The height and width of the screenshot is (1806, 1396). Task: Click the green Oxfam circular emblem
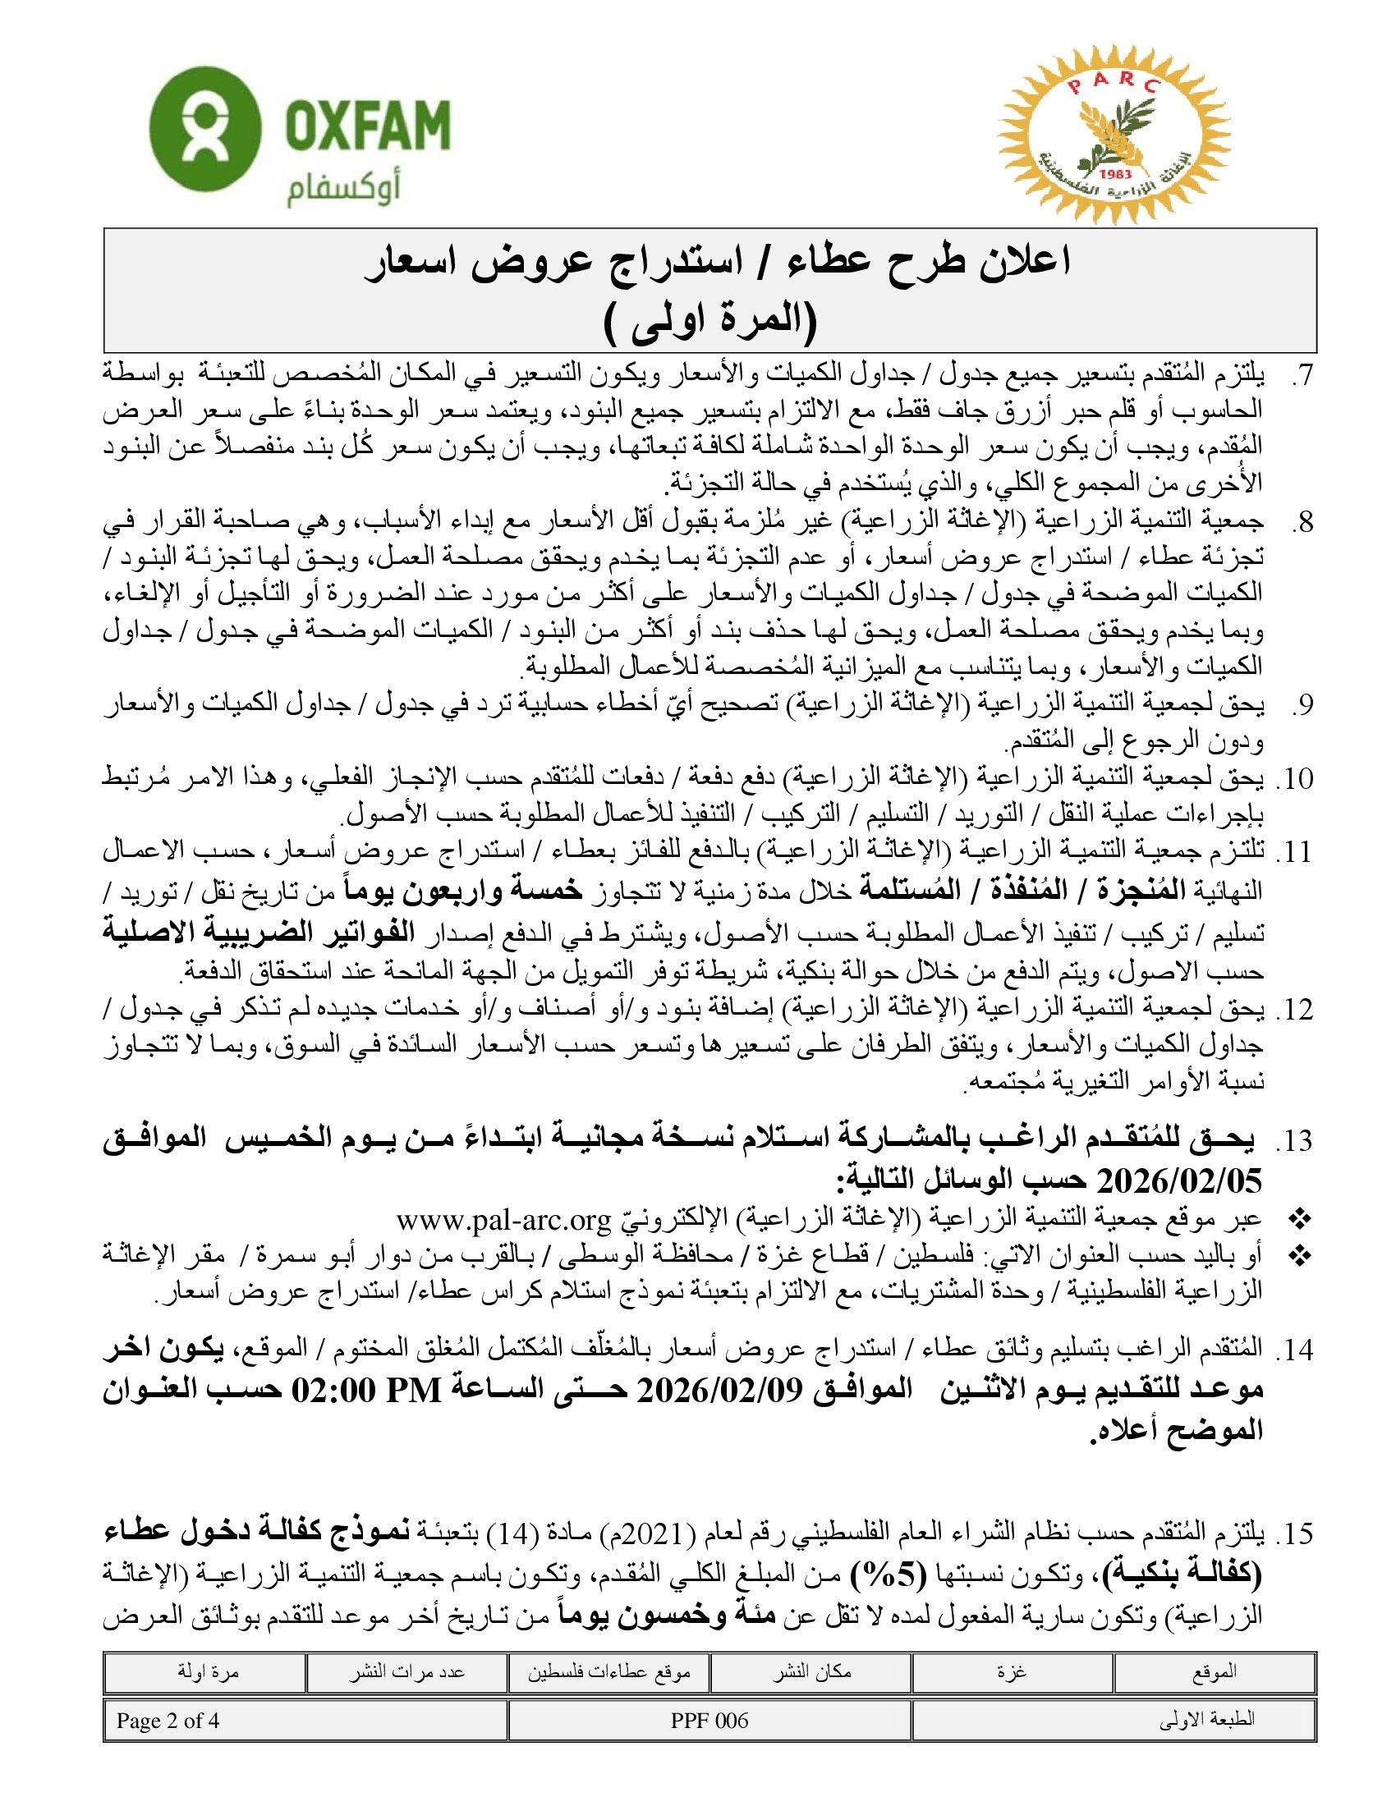(x=205, y=130)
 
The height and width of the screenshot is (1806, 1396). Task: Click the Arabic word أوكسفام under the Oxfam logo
(x=343, y=191)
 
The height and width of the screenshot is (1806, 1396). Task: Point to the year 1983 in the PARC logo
(x=1116, y=174)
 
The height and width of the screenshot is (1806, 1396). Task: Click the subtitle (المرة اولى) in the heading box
(x=709, y=323)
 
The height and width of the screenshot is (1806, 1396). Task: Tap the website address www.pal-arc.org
(x=503, y=1220)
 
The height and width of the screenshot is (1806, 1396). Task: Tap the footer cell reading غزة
(x=1013, y=1671)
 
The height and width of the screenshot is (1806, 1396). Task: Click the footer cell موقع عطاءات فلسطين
(x=608, y=1672)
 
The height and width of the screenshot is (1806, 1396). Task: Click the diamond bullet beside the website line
(x=1300, y=1219)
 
